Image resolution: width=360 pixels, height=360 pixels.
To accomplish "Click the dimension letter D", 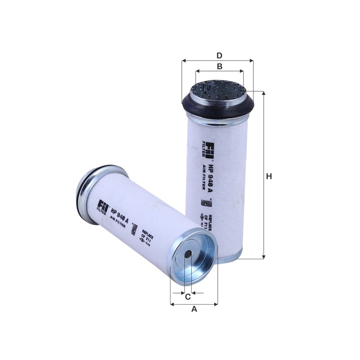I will (219, 56).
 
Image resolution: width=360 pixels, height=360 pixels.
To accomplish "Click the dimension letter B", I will (220, 67).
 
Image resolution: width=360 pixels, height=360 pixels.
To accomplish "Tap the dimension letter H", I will (269, 176).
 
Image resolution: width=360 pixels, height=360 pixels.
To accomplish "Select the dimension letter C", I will (188, 297).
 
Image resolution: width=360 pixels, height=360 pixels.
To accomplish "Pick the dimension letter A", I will (194, 309).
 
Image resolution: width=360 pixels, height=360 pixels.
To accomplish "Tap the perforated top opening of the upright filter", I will (218, 90).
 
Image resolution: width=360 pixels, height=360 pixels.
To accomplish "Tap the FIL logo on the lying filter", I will (103, 207).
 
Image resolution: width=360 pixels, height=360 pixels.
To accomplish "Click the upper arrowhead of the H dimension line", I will (264, 93).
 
